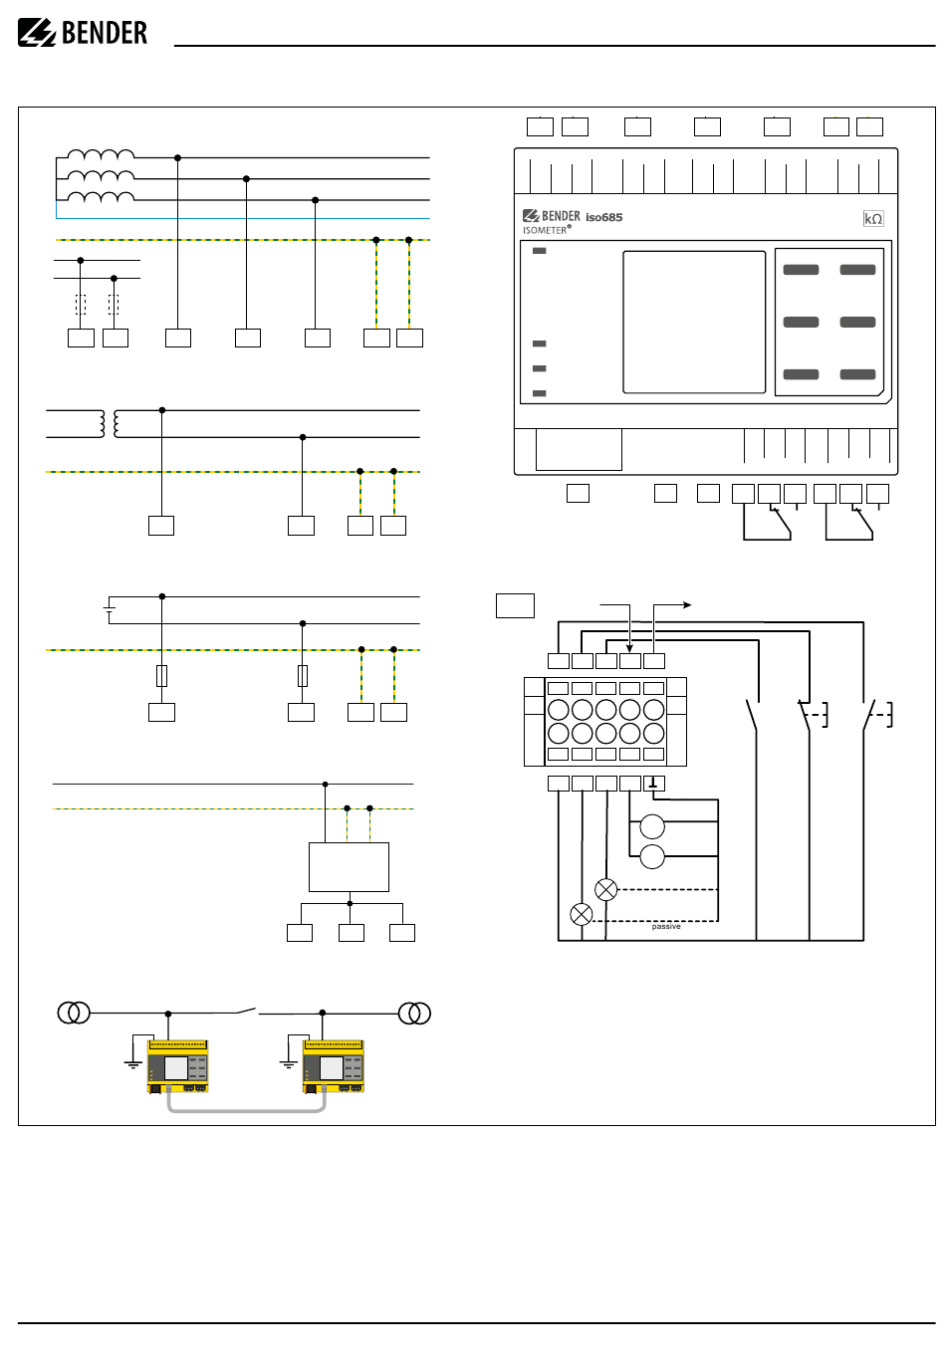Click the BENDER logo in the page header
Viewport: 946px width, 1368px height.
(x=83, y=33)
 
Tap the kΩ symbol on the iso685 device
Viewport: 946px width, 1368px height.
(x=872, y=219)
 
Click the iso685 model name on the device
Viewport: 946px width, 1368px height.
(x=603, y=217)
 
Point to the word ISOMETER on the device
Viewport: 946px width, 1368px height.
(x=544, y=230)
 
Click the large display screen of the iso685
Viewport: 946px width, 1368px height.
(x=694, y=322)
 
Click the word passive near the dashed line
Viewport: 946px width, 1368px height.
(x=665, y=927)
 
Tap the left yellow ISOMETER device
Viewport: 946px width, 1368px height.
(x=177, y=1066)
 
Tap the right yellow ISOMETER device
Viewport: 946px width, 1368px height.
(x=334, y=1066)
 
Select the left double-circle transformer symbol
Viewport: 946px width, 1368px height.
(x=74, y=1013)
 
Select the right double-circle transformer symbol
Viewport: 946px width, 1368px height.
(x=414, y=1014)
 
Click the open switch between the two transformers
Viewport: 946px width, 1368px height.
(x=247, y=1011)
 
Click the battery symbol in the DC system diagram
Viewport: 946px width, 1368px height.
(x=110, y=609)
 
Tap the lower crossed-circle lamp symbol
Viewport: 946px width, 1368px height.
(x=581, y=914)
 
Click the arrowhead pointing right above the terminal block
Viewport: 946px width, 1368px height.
(x=687, y=604)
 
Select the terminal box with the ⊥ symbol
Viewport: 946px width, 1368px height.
(x=653, y=783)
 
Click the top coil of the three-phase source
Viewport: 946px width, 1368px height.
(x=101, y=154)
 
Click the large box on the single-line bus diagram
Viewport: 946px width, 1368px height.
(x=349, y=866)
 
